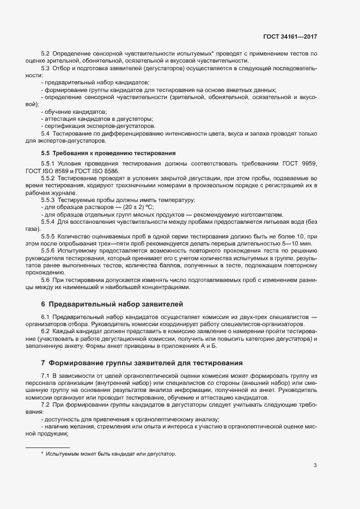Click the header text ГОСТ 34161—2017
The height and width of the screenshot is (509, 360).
[289, 37]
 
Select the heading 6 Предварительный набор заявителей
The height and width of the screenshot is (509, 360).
[112, 303]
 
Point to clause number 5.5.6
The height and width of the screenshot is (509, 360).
[48, 251]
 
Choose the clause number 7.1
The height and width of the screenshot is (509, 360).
[45, 376]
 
